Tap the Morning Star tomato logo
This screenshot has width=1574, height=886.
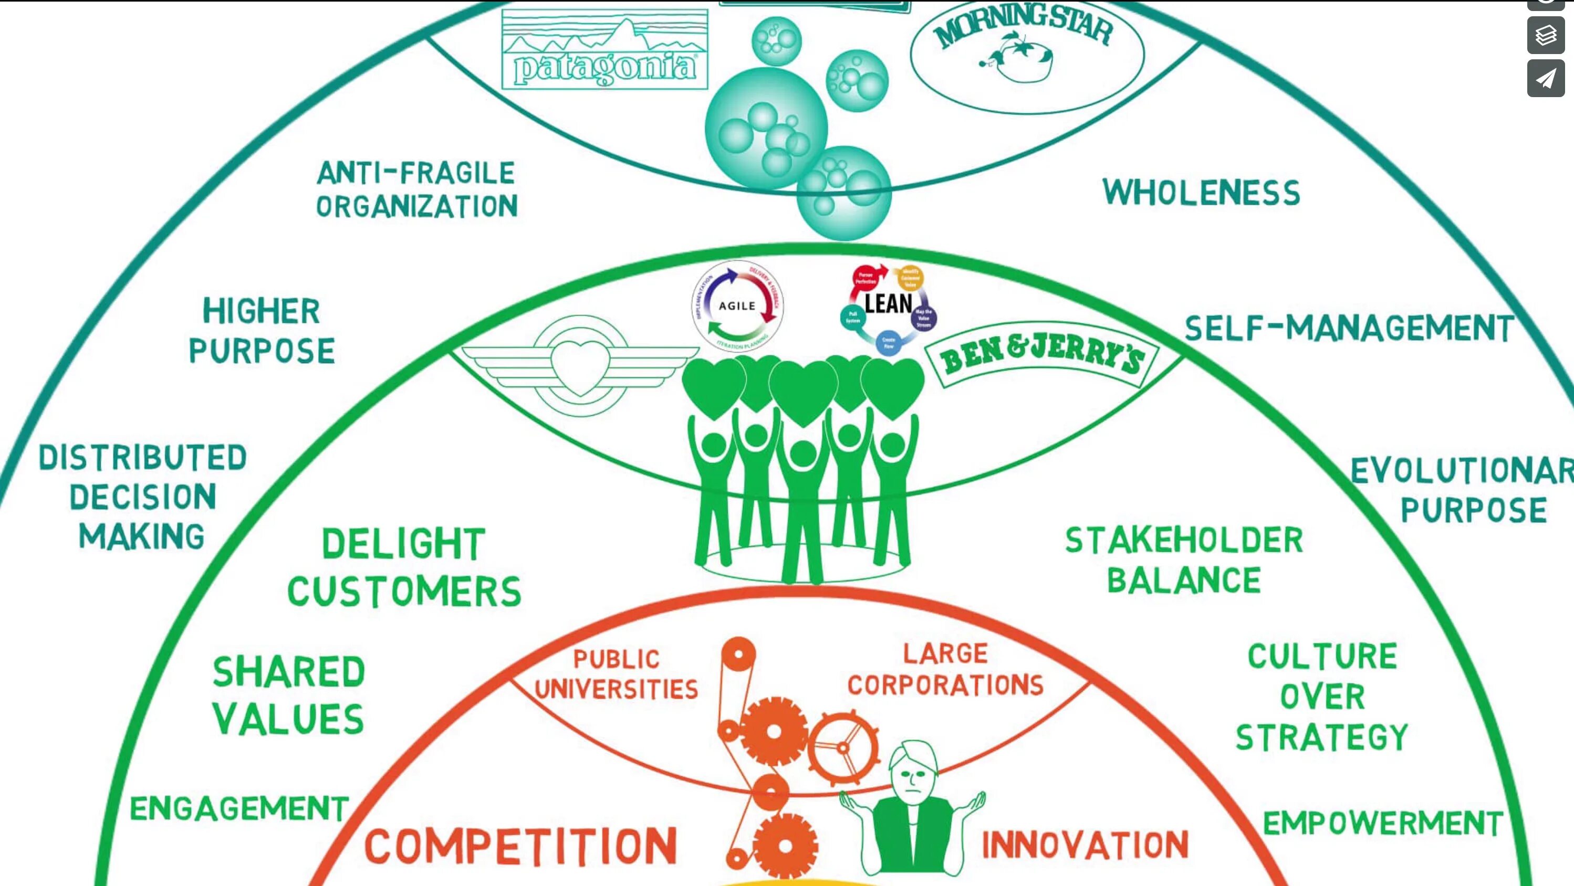[1027, 52]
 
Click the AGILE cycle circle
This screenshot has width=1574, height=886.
[737, 306]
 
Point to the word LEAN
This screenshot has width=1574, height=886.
[889, 303]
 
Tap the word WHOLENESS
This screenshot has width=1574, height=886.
[1201, 193]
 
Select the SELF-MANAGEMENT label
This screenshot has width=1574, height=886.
[1349, 329]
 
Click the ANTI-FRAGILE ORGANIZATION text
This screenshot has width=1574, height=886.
[416, 190]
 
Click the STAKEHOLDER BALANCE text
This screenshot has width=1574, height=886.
[1184, 561]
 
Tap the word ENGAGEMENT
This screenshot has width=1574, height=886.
[239, 808]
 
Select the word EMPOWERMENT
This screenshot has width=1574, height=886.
[1383, 823]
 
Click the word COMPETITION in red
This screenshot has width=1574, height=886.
[521, 846]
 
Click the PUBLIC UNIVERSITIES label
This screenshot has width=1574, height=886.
[616, 674]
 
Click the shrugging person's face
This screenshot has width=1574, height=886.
[912, 775]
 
